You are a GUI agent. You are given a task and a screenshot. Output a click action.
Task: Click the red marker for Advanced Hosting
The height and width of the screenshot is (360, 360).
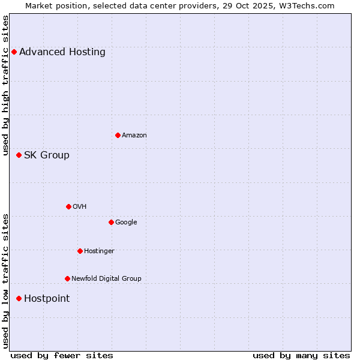14,52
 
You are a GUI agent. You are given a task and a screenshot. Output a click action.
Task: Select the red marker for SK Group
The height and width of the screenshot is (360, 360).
19,155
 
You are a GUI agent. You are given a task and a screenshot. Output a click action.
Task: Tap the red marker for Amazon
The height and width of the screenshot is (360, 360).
118,135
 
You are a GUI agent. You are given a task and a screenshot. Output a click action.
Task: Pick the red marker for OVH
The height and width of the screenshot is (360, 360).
68,206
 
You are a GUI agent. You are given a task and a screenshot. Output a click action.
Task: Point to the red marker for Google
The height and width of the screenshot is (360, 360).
111,222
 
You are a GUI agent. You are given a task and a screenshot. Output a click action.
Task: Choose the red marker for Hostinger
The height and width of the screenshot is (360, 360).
80,251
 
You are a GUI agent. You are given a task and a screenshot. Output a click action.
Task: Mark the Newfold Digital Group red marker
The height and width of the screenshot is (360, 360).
67,278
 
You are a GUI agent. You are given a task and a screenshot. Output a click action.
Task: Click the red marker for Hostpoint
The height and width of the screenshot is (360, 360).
19,298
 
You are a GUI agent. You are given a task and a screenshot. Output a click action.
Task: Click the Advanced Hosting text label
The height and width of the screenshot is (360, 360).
62,52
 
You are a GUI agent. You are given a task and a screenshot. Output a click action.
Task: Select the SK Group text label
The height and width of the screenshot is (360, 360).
47,155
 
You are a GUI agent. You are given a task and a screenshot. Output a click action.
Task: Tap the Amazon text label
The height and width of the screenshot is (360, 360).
134,135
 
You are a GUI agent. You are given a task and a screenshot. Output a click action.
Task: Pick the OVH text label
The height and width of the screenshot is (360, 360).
80,206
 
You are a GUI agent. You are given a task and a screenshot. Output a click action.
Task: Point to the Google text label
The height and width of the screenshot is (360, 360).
126,222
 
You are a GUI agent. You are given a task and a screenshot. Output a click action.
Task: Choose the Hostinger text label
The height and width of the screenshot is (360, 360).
99,251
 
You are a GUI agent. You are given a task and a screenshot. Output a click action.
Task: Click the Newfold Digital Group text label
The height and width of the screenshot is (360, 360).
106,278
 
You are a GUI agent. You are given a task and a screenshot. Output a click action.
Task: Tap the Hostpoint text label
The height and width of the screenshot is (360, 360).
47,298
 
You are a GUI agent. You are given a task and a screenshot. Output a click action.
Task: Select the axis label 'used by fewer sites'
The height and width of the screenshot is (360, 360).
62,355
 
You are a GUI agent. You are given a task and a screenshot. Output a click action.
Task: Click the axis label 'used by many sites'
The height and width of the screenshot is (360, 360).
301,355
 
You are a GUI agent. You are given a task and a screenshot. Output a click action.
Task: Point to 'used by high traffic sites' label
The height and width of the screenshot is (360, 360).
5,86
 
